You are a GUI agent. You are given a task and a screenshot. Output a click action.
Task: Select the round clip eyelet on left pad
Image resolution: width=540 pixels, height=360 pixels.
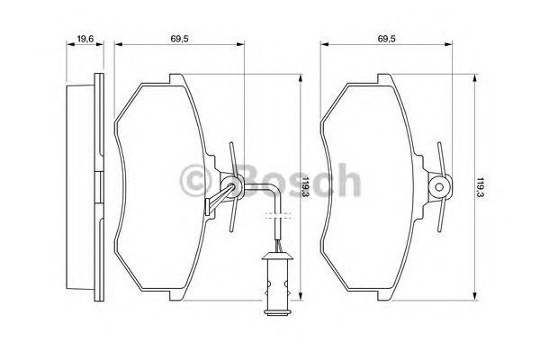[x=234, y=187]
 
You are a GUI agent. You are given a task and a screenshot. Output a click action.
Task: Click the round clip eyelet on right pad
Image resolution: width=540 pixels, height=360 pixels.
[x=440, y=187]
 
